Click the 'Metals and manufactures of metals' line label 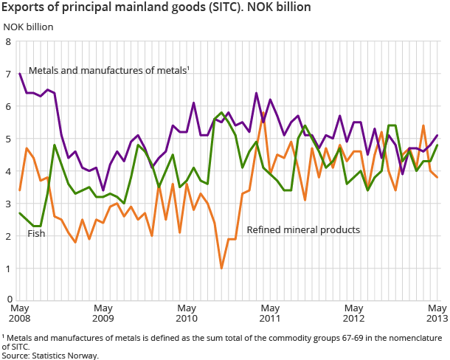click(108, 71)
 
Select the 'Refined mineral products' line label click(303, 230)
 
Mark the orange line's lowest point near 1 click(222, 269)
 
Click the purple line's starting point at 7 click(19, 74)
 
